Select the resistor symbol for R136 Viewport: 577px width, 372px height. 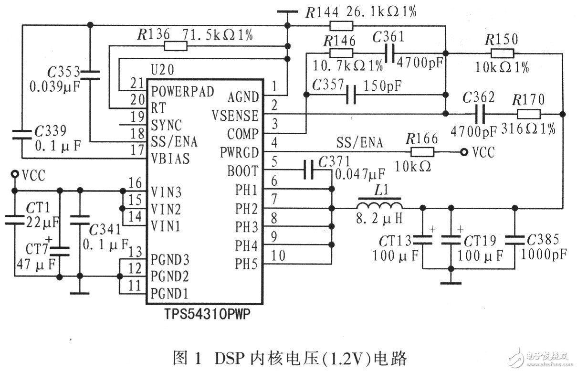[x=175, y=46]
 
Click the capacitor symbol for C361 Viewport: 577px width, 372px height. [x=390, y=53]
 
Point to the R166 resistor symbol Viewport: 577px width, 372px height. [x=422, y=152]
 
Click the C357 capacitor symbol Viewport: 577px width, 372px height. [x=351, y=95]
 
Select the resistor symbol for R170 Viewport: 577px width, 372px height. [x=528, y=114]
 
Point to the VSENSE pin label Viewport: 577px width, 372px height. [x=237, y=116]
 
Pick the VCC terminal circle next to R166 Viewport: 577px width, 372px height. [x=463, y=152]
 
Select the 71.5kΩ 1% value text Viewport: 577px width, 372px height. [x=219, y=35]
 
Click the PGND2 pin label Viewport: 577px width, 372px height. [x=171, y=276]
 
